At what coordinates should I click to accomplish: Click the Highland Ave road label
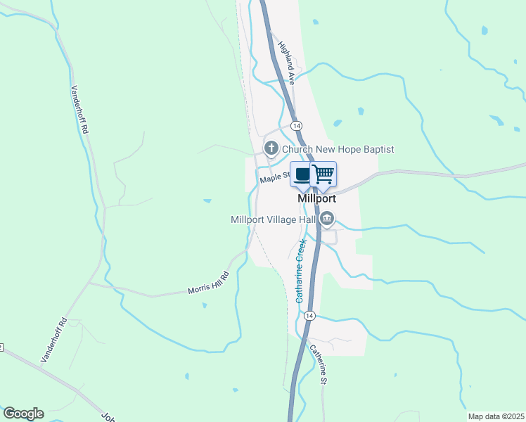(x=286, y=63)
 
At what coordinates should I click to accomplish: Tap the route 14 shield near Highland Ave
(x=297, y=125)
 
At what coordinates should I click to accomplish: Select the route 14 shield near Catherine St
(x=309, y=316)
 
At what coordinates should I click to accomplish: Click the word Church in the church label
(x=296, y=149)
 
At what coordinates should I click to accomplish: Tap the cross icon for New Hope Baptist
(x=271, y=148)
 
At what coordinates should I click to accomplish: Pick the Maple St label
(x=274, y=177)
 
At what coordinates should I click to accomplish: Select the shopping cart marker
(x=323, y=174)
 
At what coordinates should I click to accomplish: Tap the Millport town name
(x=317, y=198)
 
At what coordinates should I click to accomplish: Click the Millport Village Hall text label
(x=274, y=219)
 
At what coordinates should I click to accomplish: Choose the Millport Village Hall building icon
(x=326, y=220)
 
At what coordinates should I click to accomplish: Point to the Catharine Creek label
(x=301, y=271)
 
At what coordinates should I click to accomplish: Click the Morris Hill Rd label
(x=208, y=283)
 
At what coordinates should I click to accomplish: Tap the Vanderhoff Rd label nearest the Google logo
(x=53, y=340)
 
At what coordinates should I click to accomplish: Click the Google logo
(x=23, y=414)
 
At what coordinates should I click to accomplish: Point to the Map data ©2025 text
(x=495, y=416)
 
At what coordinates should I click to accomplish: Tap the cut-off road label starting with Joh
(x=107, y=416)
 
